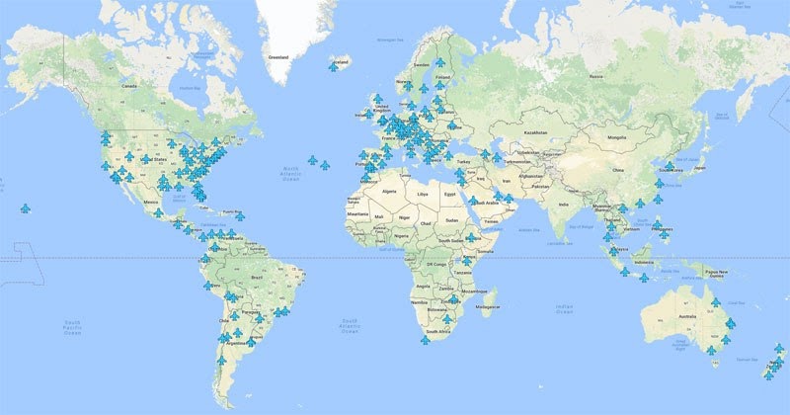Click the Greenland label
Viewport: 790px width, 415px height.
(x=277, y=56)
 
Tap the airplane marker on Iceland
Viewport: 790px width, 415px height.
(x=334, y=66)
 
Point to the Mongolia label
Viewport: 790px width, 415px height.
(x=616, y=136)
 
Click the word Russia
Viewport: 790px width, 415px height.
(x=594, y=75)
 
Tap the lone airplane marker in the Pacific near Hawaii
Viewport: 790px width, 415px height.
(x=25, y=208)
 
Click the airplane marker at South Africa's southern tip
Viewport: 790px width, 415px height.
(x=425, y=340)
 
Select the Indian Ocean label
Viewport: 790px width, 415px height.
(x=564, y=309)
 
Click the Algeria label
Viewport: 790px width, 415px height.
(x=388, y=190)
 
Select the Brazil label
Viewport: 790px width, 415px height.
(x=260, y=278)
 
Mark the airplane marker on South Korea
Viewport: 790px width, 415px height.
(x=670, y=165)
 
